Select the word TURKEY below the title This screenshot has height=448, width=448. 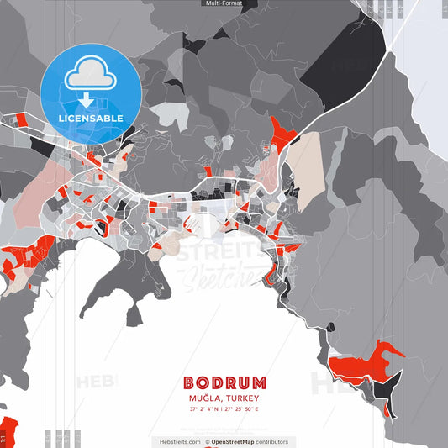coord(242,398)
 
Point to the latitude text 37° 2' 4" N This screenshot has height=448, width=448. coord(204,409)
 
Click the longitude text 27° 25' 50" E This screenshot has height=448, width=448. coord(242,409)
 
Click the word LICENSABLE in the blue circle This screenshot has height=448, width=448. coord(91,119)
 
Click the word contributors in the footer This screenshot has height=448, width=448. coord(271,441)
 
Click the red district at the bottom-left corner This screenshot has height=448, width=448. coord(7,430)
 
